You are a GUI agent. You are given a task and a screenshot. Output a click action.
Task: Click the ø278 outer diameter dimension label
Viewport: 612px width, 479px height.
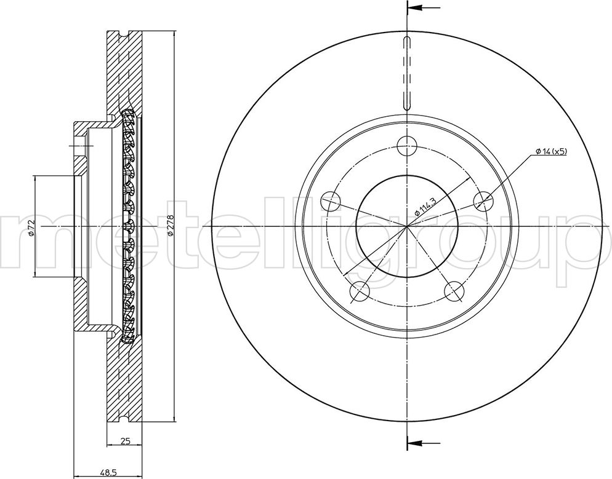170,226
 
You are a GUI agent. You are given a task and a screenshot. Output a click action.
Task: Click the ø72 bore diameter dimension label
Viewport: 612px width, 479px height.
32,228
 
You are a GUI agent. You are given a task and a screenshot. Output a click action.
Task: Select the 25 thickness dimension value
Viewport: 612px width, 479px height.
125,441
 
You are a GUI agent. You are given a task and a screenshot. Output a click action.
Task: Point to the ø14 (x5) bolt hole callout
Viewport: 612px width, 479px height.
550,151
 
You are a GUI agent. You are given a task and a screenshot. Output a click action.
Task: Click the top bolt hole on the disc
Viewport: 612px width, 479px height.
407,146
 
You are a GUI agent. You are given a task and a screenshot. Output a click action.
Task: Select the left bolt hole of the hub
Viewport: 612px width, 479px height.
331,202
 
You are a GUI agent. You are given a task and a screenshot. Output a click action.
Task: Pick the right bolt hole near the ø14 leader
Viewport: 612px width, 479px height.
483,202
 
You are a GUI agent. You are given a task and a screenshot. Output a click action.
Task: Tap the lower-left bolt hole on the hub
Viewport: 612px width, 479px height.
360,291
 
